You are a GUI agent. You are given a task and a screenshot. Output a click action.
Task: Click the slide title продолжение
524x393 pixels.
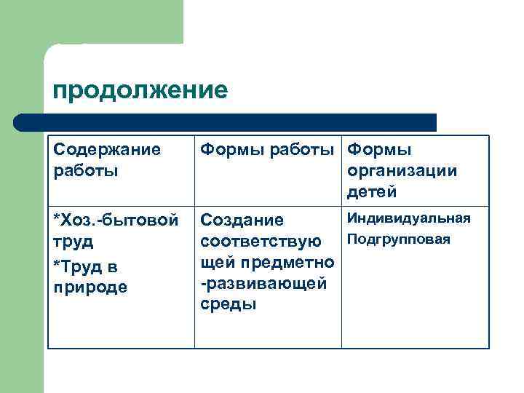click(x=140, y=91)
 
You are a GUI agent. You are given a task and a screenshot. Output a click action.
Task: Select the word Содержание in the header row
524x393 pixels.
click(x=107, y=150)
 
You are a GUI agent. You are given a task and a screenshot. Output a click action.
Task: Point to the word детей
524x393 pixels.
click(x=372, y=192)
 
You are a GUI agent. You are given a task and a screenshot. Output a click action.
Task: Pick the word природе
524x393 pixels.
click(x=90, y=287)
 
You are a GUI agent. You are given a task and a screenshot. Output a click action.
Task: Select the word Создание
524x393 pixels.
click(x=242, y=219)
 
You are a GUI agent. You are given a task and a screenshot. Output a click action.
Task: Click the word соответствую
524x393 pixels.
click(x=261, y=240)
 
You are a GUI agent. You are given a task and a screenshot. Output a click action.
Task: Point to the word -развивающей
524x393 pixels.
click(x=263, y=283)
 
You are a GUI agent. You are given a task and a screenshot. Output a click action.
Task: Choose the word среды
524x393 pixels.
click(x=228, y=304)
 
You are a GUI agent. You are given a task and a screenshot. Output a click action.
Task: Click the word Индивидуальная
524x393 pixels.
click(x=408, y=218)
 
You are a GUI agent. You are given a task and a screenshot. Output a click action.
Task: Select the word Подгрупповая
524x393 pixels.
click(x=399, y=239)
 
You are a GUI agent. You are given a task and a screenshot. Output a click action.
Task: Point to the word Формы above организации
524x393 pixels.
click(x=379, y=150)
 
